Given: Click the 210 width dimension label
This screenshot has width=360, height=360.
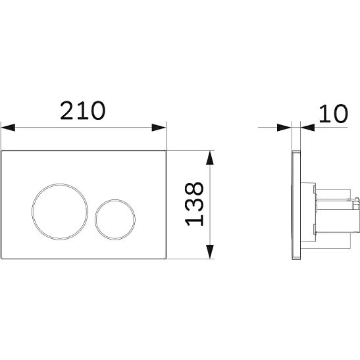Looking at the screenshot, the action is [83, 111].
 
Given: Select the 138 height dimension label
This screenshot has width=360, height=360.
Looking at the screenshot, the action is [194, 204].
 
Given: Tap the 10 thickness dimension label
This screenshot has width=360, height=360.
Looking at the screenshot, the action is [334, 113].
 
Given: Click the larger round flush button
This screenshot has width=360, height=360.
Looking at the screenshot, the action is [60, 212].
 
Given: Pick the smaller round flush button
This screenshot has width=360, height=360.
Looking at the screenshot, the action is [115, 220].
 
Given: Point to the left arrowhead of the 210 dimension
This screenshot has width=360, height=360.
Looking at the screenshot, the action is [8, 128].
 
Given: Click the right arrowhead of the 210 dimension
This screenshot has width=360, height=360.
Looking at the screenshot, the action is [159, 128].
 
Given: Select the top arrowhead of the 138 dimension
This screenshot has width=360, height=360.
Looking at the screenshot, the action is [210, 158].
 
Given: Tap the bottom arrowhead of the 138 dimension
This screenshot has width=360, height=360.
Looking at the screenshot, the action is [210, 252].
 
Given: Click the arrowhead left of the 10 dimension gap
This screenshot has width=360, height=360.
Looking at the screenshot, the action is [284, 128].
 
